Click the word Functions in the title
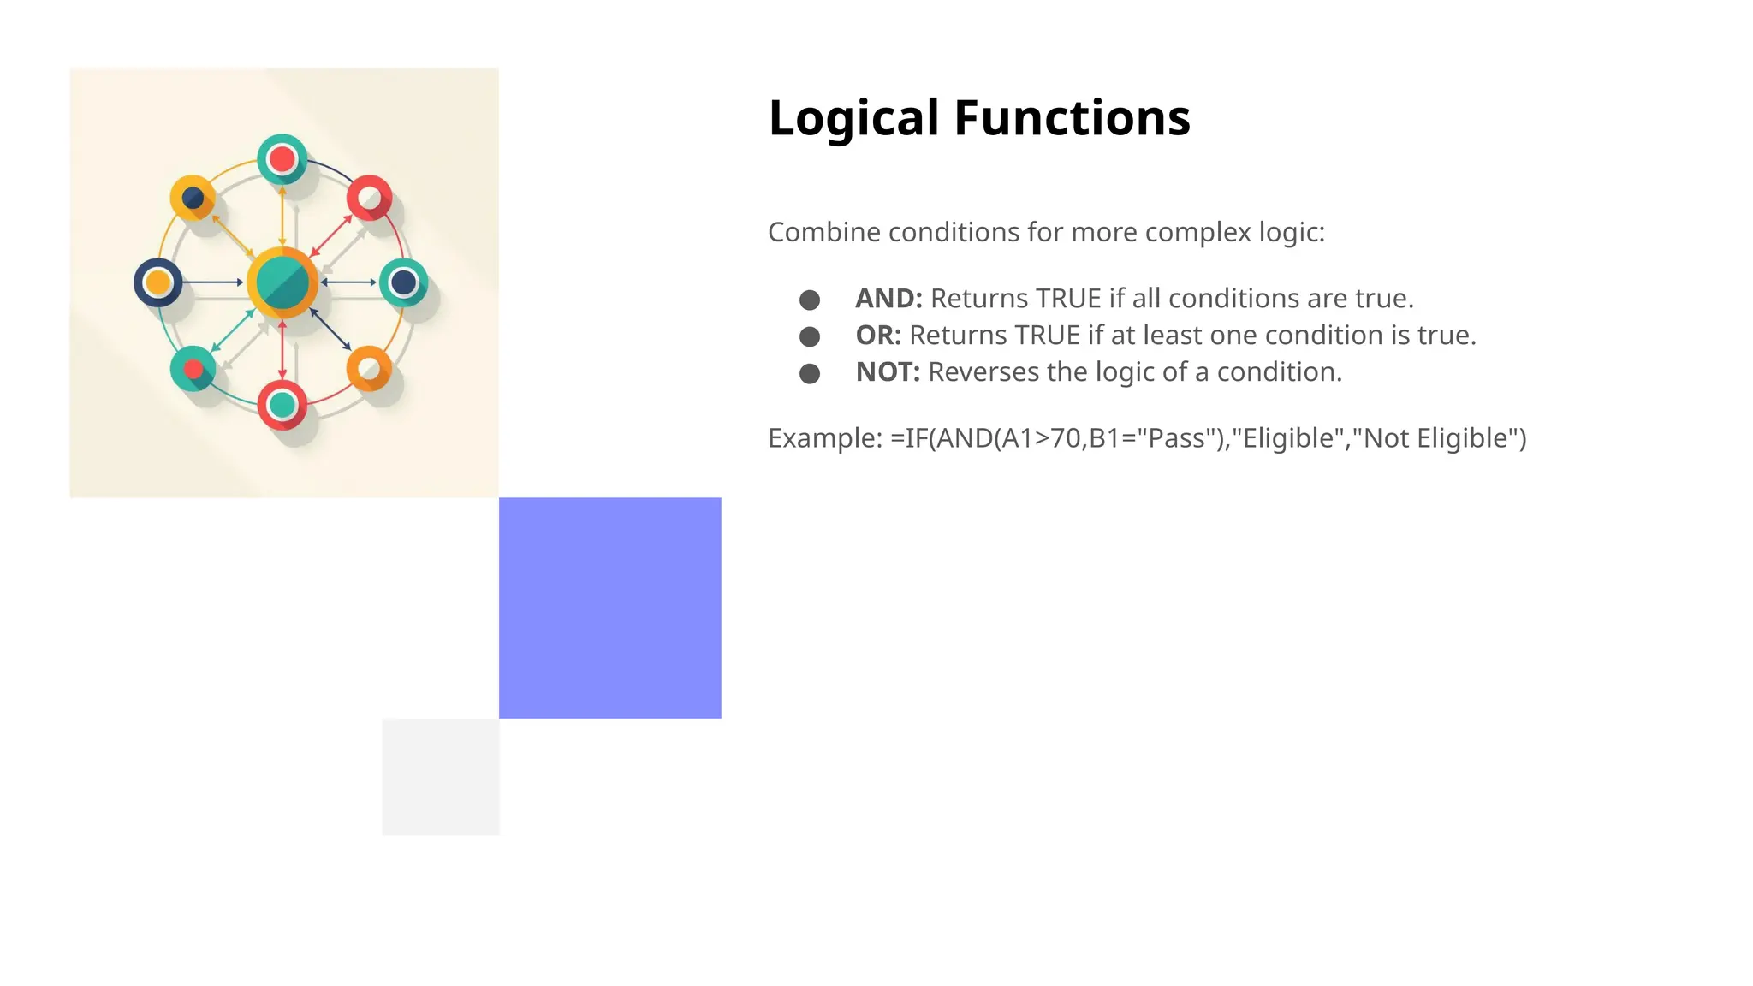(x=1072, y=117)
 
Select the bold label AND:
(x=888, y=299)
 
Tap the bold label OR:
(x=878, y=336)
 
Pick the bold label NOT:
(x=888, y=372)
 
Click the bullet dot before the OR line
(x=810, y=336)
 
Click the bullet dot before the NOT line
(x=810, y=373)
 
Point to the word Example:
(x=824, y=438)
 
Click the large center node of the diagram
(x=282, y=282)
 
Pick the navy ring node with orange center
(x=158, y=282)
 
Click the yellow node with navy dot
(x=193, y=199)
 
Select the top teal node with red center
(x=282, y=159)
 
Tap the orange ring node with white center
(x=369, y=369)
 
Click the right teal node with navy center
(x=404, y=282)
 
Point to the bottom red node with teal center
(x=282, y=405)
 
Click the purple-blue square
(x=609, y=608)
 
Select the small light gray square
(x=441, y=776)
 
